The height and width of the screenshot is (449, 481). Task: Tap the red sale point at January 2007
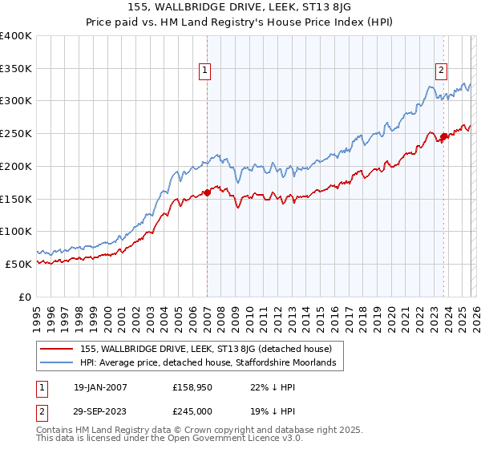pyautogui.click(x=207, y=192)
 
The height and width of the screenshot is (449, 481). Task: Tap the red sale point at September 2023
pyautogui.click(x=443, y=137)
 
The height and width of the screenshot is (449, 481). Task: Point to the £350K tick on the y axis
pyautogui.click(x=16, y=68)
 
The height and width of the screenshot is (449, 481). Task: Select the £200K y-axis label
pyautogui.click(x=16, y=166)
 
